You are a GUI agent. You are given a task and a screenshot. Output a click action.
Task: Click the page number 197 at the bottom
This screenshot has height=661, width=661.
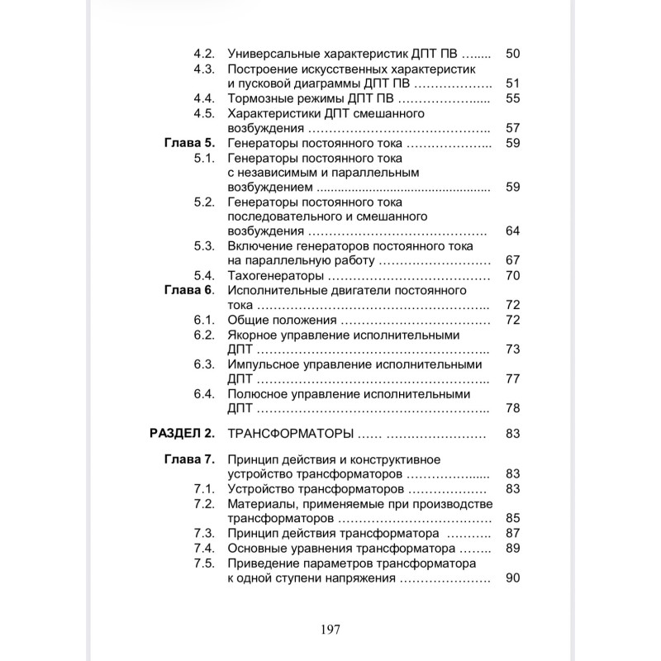330,629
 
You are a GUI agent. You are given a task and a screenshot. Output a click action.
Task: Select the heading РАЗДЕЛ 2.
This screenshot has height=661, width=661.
181,433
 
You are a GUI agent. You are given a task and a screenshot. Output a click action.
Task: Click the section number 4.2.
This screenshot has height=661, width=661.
204,54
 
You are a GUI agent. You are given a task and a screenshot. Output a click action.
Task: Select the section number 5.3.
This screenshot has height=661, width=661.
204,246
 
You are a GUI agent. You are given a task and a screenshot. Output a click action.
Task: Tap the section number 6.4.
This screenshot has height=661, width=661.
204,394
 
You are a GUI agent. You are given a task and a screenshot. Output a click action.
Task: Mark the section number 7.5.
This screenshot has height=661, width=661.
204,564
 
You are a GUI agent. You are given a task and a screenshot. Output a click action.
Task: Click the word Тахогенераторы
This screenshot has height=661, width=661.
275,276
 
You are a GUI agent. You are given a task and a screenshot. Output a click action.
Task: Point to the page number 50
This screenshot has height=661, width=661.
511,54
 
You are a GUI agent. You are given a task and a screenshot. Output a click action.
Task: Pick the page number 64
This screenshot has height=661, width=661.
511,231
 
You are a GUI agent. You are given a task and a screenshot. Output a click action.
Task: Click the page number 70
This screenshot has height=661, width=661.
511,276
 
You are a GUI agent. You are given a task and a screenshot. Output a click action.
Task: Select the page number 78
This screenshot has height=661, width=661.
511,409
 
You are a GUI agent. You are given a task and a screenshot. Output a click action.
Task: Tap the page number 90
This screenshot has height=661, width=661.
511,578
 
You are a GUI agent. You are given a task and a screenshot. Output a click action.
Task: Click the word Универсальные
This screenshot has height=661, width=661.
273,54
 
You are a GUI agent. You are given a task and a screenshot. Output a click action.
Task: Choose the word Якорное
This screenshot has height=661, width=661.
251,335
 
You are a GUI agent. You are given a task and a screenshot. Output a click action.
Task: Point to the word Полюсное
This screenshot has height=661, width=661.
257,394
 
